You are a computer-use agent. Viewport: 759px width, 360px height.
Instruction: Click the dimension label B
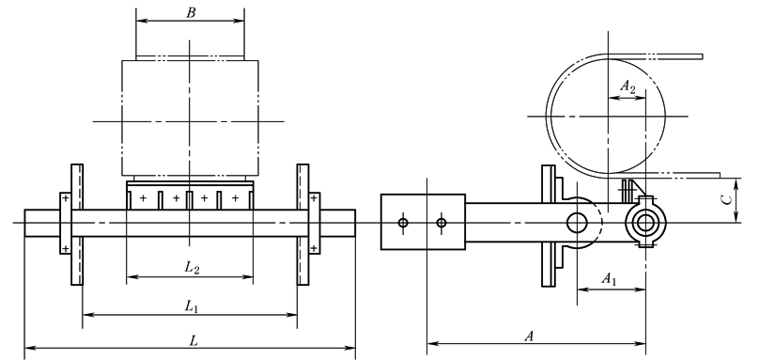click(x=191, y=12)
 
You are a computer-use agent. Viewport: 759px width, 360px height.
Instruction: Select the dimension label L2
click(x=192, y=268)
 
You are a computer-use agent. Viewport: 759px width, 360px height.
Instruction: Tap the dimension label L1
click(x=192, y=306)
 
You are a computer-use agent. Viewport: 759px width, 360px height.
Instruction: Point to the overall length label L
click(x=194, y=341)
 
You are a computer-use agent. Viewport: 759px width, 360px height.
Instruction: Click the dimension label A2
click(x=627, y=87)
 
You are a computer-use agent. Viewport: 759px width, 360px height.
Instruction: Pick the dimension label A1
click(x=609, y=279)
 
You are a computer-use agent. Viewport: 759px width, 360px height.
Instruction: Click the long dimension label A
click(x=529, y=337)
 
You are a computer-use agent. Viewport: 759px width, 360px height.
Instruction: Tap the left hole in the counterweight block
click(x=403, y=223)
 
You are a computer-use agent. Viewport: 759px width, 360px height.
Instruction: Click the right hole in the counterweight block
click(x=441, y=223)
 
